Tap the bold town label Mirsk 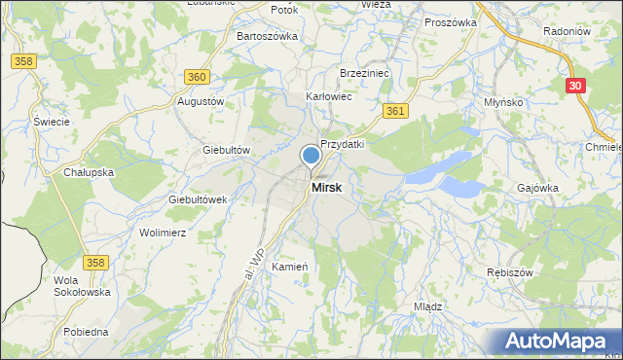326,188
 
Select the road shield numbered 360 197,77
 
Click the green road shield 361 394,112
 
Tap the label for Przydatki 343,143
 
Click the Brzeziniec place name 364,73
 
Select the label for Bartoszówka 268,36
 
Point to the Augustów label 201,101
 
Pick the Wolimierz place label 163,234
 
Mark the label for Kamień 290,267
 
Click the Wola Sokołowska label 82,286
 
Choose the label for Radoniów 568,31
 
